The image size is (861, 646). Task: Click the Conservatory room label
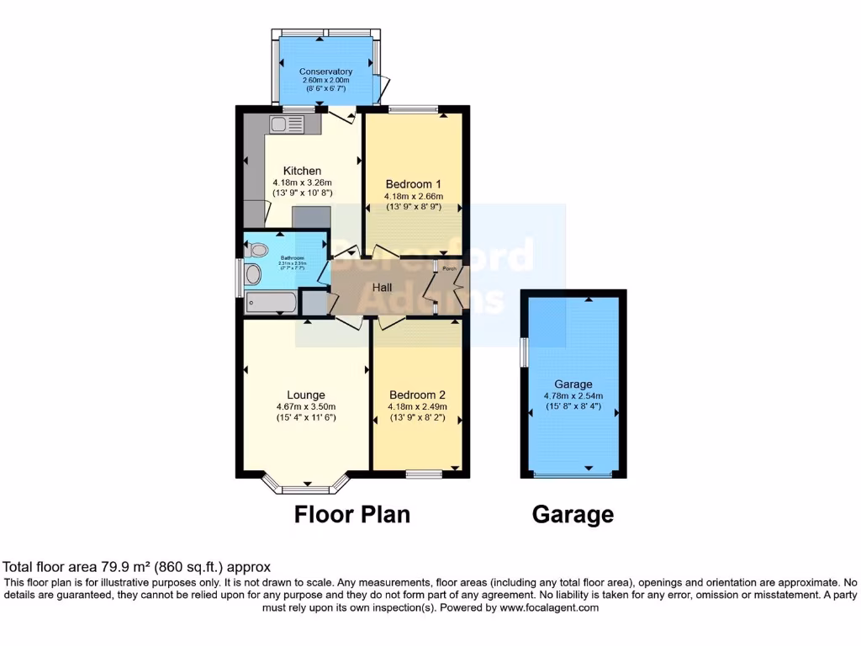325,71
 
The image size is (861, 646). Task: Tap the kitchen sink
287,125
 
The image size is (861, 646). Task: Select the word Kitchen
302,171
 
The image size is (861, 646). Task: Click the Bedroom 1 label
413,184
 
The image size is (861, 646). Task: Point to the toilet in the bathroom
257,249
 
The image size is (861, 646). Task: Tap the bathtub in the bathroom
271,303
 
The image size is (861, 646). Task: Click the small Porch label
451,269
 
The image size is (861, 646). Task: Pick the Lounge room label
306,394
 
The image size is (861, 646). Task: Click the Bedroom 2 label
417,394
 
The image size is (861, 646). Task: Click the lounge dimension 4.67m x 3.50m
306,406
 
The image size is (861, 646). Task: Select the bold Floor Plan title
352,514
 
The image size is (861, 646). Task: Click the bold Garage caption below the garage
573,514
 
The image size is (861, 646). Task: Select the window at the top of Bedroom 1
413,109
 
